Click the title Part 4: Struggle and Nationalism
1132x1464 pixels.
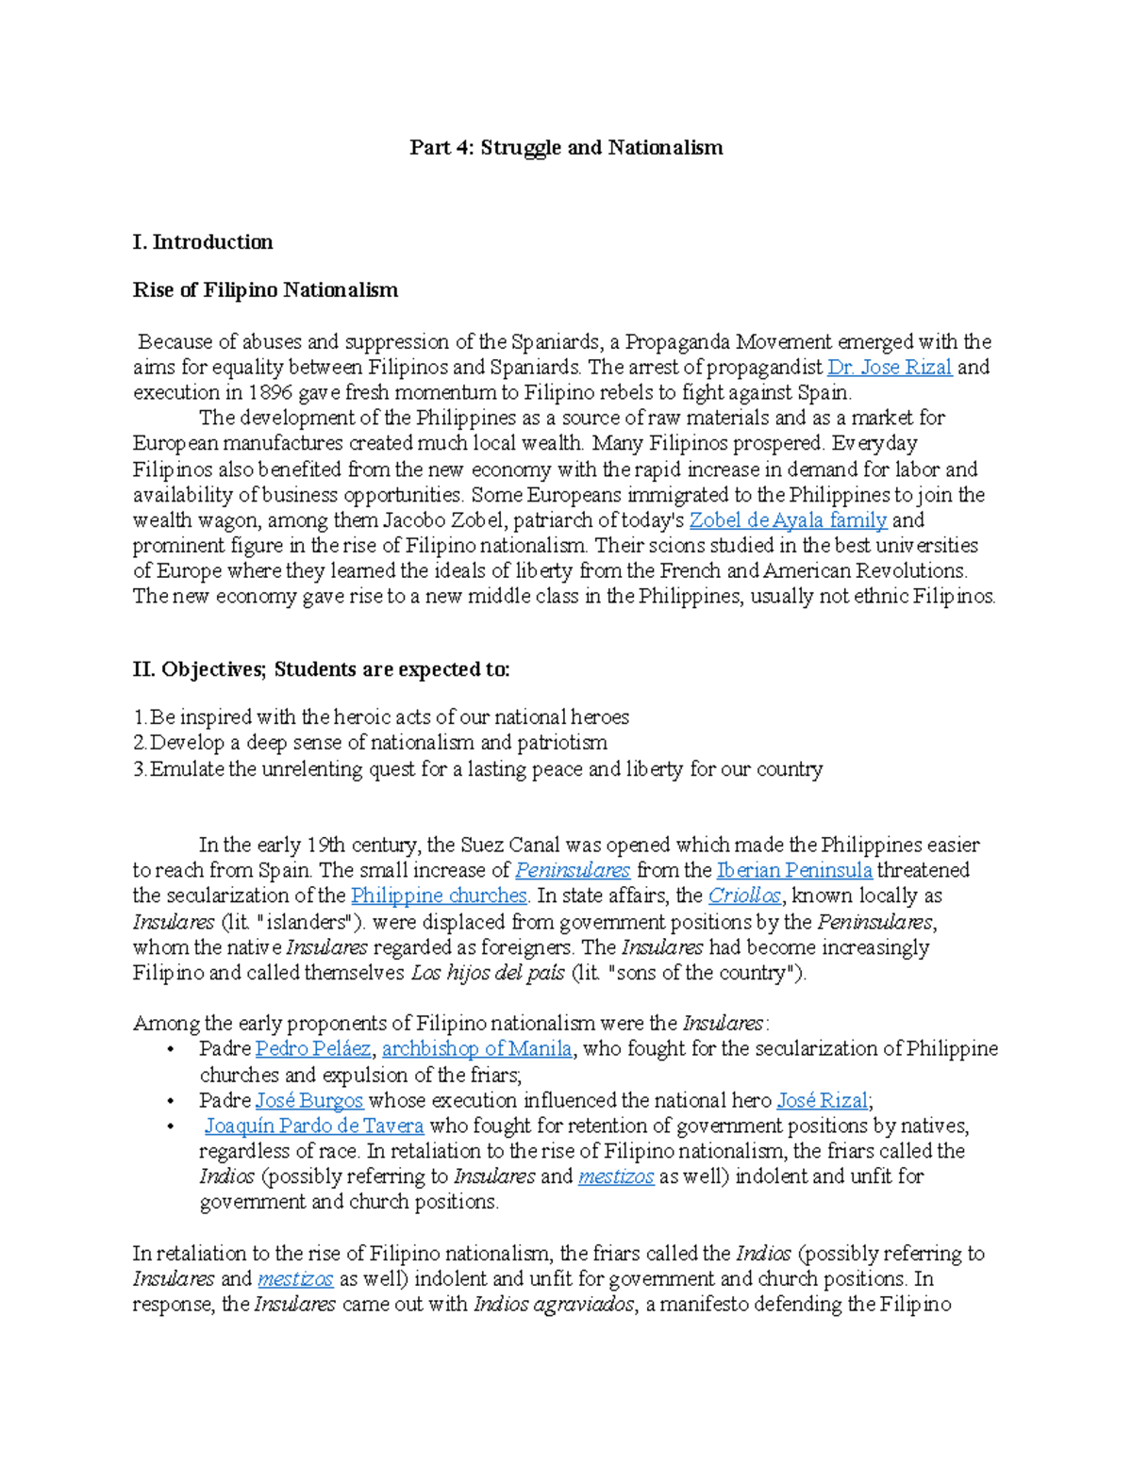click(x=566, y=148)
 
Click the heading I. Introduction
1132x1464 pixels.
click(x=203, y=242)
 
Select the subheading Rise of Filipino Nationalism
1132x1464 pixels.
click(x=265, y=290)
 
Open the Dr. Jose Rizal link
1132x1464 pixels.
click(x=890, y=368)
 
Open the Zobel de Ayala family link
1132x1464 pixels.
click(x=788, y=520)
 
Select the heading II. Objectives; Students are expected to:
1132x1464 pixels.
click(x=321, y=670)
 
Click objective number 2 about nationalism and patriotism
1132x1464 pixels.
click(x=370, y=743)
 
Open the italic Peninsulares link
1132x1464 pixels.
click(x=573, y=871)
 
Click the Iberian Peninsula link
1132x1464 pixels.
click(x=794, y=871)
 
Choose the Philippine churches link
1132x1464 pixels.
click(x=439, y=896)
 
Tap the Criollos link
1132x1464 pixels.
click(x=744, y=896)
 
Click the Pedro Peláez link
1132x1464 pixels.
click(x=313, y=1049)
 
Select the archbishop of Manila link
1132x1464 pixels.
click(x=477, y=1049)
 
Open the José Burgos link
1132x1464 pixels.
click(x=309, y=1101)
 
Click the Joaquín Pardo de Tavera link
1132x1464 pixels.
click(x=314, y=1127)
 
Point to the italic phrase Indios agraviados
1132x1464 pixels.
click(x=554, y=1306)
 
